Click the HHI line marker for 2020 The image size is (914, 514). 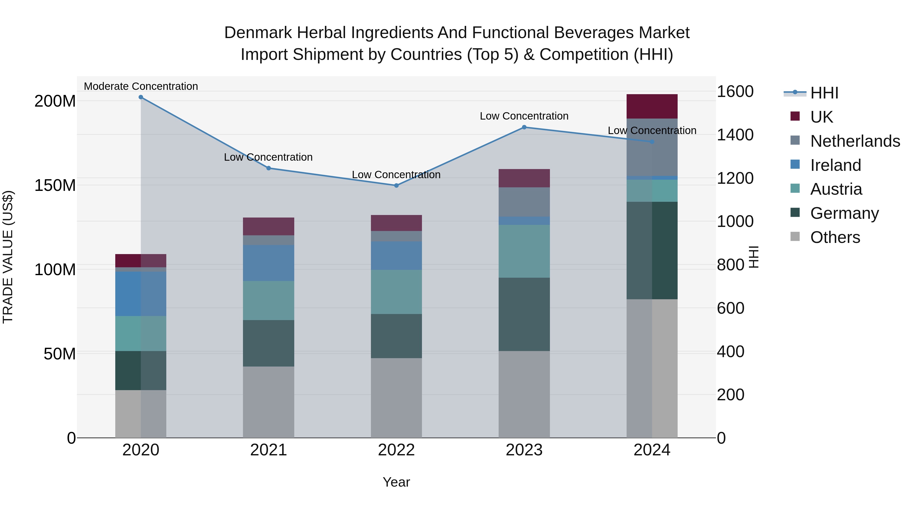point(141,97)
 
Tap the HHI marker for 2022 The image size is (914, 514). point(396,186)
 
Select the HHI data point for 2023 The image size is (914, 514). point(524,127)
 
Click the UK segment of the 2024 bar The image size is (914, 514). point(652,106)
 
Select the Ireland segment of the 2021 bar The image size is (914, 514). point(269,263)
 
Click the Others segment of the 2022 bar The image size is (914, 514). point(396,398)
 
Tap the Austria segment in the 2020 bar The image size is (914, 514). point(141,334)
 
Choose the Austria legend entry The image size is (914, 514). point(836,189)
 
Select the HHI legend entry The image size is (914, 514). point(824,93)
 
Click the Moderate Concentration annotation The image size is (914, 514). point(141,86)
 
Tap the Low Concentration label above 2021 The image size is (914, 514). point(268,157)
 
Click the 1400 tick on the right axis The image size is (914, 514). point(735,135)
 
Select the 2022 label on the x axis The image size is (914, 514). point(396,450)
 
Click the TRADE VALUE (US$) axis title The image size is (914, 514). point(8,257)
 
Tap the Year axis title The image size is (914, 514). point(396,482)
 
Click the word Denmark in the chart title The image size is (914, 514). point(258,33)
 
